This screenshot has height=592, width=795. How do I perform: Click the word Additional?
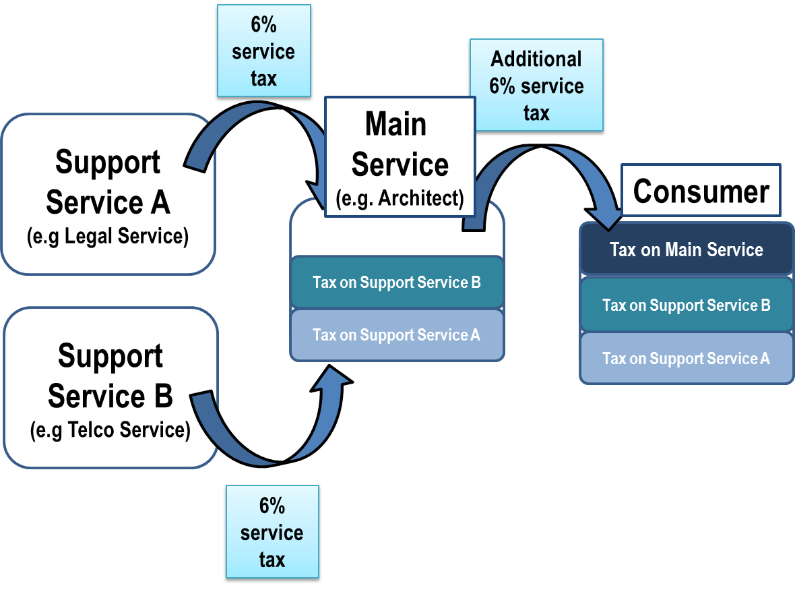click(536, 59)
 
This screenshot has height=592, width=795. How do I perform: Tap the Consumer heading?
click(701, 191)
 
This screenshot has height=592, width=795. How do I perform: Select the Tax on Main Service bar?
click(686, 250)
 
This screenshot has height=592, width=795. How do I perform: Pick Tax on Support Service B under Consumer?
click(686, 305)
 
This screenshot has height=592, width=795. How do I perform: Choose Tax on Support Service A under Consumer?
click(686, 359)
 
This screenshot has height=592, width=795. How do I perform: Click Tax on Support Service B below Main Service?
click(396, 283)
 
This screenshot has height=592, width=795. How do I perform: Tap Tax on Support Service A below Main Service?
click(396, 335)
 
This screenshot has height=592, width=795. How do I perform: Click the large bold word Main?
click(395, 125)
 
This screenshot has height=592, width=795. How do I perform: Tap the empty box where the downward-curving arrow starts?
click(108, 194)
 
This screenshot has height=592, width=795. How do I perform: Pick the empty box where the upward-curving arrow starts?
click(110, 388)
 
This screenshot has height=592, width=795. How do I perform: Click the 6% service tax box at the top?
click(263, 51)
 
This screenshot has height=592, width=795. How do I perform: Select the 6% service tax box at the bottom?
click(272, 532)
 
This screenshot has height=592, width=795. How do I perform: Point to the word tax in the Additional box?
click(536, 113)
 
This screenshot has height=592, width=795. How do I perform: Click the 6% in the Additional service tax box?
click(502, 87)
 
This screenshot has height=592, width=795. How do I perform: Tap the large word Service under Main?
click(400, 165)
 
